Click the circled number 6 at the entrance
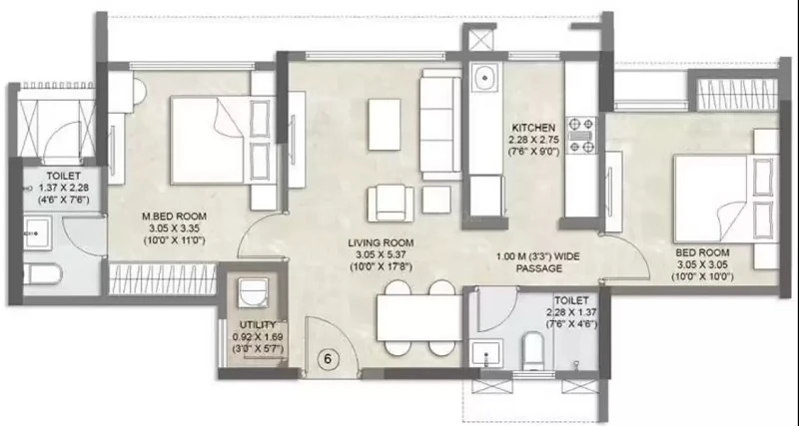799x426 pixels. click(328, 359)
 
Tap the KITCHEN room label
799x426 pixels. click(533, 128)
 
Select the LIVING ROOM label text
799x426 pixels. click(381, 243)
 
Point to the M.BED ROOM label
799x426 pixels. click(174, 216)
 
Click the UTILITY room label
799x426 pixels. click(258, 324)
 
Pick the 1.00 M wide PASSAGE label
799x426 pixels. click(538, 262)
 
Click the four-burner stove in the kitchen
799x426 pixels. click(581, 135)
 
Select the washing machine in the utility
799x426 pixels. click(254, 292)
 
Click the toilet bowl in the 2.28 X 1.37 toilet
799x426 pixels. click(534, 349)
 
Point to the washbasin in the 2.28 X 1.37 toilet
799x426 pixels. click(486, 352)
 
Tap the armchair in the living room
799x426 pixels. click(391, 203)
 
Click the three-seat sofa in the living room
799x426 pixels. click(440, 124)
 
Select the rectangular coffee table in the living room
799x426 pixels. click(385, 125)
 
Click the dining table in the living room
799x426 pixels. click(419, 318)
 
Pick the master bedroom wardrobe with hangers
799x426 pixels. click(163, 278)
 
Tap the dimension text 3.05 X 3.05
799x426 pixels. click(703, 265)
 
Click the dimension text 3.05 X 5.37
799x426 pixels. click(381, 255)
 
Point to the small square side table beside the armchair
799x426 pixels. click(436, 199)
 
